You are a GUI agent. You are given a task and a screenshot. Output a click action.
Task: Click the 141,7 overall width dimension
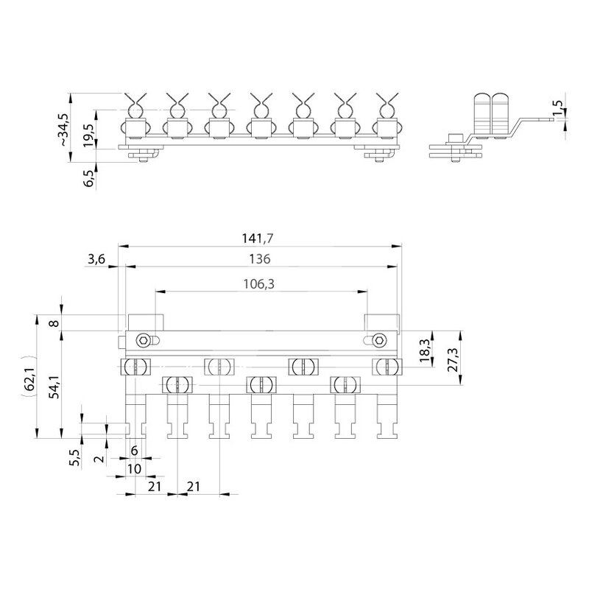tap(257, 238)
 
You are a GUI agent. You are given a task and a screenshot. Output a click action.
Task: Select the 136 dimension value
tap(260, 259)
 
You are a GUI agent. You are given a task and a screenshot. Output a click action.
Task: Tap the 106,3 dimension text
tap(259, 284)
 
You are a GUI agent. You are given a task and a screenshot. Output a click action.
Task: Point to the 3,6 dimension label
tap(96, 259)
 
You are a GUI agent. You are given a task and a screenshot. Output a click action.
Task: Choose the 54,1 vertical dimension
tap(55, 387)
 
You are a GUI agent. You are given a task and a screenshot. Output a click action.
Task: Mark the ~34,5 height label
tap(64, 130)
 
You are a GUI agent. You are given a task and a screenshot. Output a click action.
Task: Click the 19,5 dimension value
tap(89, 135)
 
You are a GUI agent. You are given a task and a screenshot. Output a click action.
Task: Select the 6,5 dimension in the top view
tap(89, 178)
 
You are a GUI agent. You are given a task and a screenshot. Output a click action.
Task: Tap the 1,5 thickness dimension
tap(558, 107)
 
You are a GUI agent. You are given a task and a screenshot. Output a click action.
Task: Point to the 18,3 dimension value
tap(425, 350)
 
